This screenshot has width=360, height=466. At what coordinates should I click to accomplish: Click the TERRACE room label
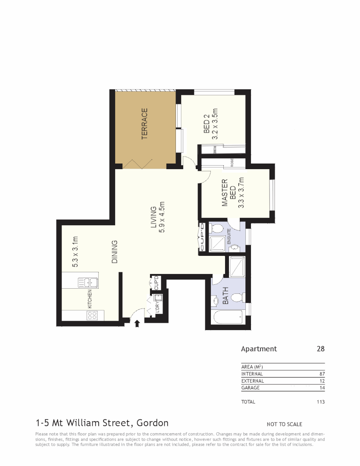(x=145, y=123)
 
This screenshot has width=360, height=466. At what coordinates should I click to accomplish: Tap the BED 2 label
(x=207, y=124)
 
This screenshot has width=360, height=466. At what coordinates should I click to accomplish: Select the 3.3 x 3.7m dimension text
(x=241, y=192)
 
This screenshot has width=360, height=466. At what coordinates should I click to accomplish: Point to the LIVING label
(x=153, y=220)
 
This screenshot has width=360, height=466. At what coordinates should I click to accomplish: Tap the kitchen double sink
(x=88, y=283)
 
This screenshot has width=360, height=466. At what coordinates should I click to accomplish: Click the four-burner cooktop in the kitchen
(x=92, y=315)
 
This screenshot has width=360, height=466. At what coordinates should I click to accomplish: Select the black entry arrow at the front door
(x=137, y=324)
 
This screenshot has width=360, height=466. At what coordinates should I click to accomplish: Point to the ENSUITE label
(x=229, y=238)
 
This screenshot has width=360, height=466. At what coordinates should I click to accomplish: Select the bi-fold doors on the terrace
(x=138, y=164)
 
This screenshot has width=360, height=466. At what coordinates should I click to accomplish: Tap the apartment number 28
(x=320, y=349)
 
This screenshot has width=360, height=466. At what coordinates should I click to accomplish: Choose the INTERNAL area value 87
(x=322, y=374)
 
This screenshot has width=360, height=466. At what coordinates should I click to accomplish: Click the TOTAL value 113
(x=320, y=402)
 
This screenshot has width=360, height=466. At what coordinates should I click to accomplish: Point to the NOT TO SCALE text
(x=285, y=424)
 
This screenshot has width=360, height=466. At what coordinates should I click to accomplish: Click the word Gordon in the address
(x=152, y=423)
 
